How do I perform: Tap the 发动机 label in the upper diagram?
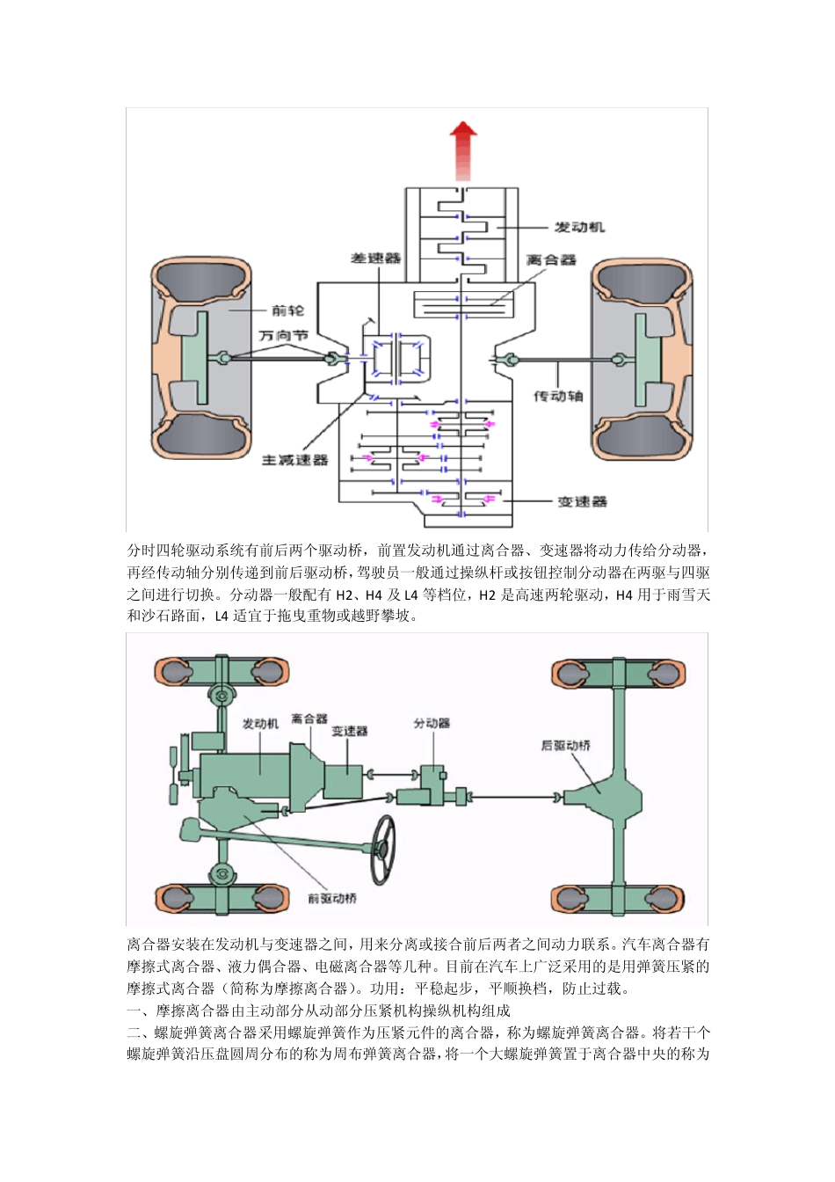[x=578, y=227]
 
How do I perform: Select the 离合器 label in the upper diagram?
[x=551, y=260]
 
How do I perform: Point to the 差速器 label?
[x=375, y=258]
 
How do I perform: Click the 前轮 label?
[x=287, y=310]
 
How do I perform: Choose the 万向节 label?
[x=283, y=335]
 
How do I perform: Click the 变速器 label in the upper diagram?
[x=582, y=501]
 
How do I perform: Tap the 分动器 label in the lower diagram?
[x=432, y=723]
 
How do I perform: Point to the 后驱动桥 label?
[x=565, y=746]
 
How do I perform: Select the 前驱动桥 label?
[x=332, y=898]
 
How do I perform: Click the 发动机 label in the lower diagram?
[x=260, y=724]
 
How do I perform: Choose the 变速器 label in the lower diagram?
[x=349, y=731]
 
